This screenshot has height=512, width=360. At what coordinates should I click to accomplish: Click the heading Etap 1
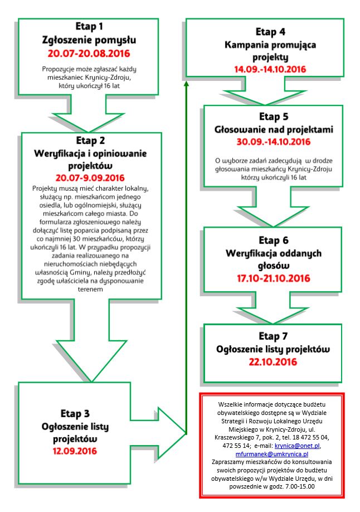[89, 26]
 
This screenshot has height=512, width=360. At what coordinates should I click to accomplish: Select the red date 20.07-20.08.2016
[89, 53]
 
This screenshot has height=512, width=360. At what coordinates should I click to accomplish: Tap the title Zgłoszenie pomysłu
[89, 40]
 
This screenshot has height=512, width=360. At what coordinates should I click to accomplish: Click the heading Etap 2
[90, 141]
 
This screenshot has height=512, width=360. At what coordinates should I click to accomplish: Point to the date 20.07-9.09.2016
[90, 178]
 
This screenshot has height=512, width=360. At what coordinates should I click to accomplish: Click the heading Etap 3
[75, 414]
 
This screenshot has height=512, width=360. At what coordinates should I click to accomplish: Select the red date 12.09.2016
[75, 451]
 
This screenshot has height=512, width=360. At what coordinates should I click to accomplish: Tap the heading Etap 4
[270, 32]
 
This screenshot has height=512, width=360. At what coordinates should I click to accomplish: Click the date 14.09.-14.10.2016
[270, 69]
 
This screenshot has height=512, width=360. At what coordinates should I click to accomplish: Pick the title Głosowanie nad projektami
[274, 129]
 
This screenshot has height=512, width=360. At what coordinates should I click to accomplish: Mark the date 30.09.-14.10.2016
[274, 142]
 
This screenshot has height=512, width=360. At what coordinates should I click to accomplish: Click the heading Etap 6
[274, 240]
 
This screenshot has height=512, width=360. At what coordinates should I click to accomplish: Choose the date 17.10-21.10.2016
[274, 278]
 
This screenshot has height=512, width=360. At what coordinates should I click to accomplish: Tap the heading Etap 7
[273, 336]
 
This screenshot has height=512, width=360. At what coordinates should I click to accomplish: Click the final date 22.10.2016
[273, 362]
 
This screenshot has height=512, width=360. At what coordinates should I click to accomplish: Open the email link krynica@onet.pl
[297, 446]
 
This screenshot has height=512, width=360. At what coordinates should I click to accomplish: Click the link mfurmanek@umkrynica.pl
[272, 454]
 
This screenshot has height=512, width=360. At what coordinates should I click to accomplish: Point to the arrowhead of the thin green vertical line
[186, 84]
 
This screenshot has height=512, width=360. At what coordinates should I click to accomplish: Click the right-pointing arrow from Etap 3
[158, 434]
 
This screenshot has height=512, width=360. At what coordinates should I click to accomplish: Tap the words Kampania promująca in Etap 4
[270, 45]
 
